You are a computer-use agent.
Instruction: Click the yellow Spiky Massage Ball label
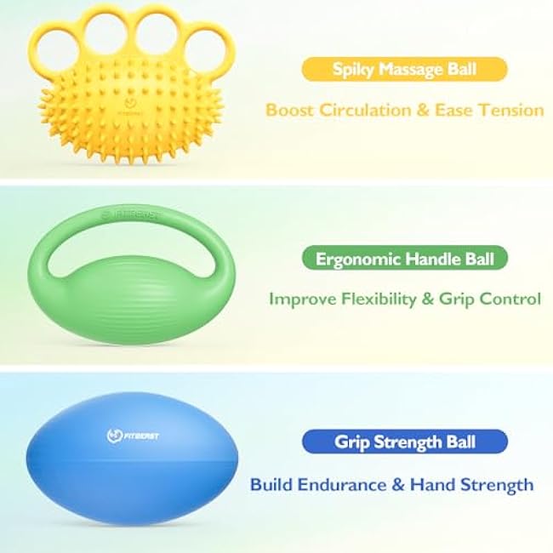(403, 69)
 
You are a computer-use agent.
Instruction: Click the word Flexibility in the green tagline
(379, 299)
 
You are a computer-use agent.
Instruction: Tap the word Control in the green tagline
(508, 299)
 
